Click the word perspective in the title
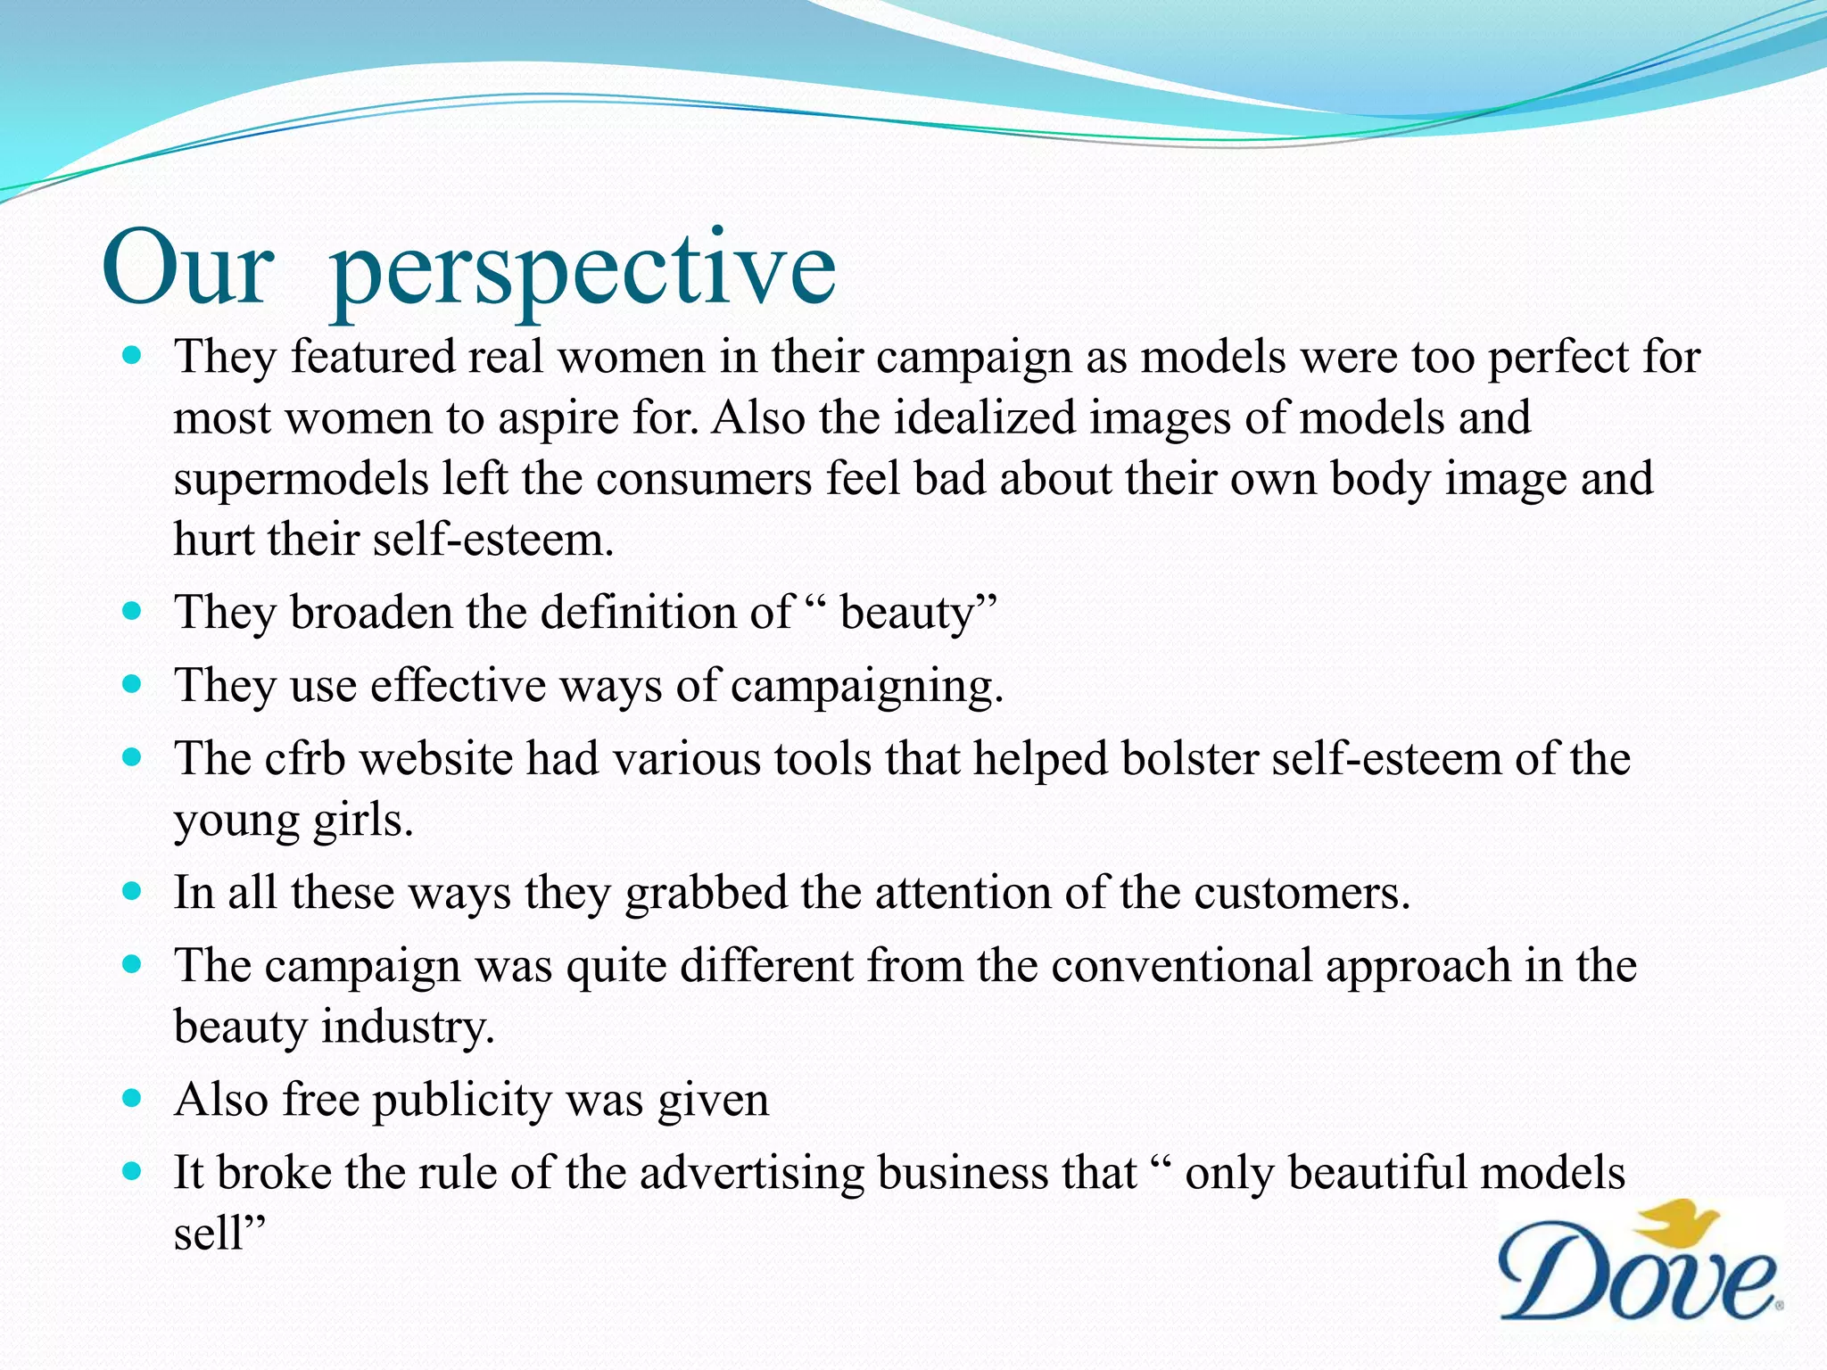[583, 271]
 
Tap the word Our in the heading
[187, 268]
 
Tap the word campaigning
[866, 687]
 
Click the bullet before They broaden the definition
[132, 612]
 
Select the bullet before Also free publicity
[132, 1099]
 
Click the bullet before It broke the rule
[132, 1172]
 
